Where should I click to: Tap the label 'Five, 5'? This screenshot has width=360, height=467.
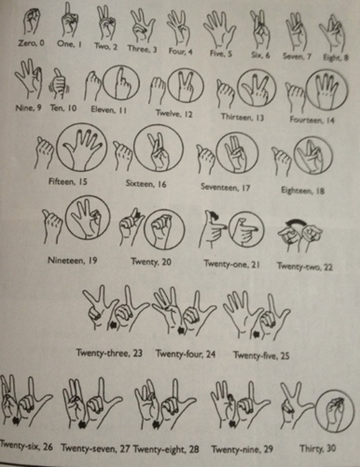(x=221, y=53)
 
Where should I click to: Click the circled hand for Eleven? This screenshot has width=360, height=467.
(x=121, y=82)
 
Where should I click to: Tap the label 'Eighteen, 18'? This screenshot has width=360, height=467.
(x=302, y=191)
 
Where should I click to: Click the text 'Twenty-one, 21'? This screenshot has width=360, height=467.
(x=232, y=263)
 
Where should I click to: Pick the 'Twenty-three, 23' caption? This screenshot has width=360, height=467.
(x=109, y=353)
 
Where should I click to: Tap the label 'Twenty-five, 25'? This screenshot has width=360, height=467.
(x=261, y=355)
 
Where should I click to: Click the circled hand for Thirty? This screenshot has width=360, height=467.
(x=334, y=411)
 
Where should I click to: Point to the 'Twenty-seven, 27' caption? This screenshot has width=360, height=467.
(x=96, y=449)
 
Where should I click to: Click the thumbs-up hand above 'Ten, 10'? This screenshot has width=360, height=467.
(x=58, y=83)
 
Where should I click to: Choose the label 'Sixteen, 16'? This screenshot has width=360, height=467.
(x=146, y=184)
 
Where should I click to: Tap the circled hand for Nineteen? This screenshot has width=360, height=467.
(x=87, y=217)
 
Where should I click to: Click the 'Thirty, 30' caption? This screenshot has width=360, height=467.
(x=317, y=448)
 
